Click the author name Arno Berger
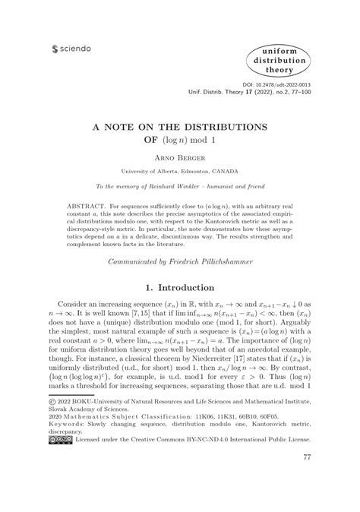point(179,160)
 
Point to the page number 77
point(307,479)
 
